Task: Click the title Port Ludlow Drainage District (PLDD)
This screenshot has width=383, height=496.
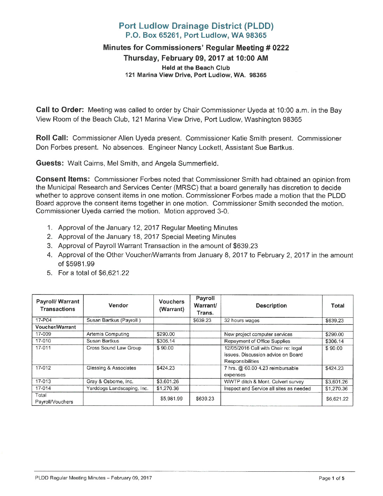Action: coord(196,26)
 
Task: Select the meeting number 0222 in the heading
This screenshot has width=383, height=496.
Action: coord(281,48)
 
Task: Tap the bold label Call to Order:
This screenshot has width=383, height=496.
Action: coord(60,110)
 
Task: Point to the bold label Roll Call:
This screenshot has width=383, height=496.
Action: coord(52,138)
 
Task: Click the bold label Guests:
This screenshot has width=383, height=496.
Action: coord(50,163)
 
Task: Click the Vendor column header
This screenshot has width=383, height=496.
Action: coord(118,305)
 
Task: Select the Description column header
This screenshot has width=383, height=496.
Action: coord(271,306)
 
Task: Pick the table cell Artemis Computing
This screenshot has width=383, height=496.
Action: coord(108,334)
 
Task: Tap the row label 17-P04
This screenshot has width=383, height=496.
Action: coord(43,320)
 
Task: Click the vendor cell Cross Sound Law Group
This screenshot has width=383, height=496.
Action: coord(114,348)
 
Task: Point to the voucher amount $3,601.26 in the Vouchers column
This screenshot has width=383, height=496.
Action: coord(168,382)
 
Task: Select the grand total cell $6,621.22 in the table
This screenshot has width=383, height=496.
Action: coord(337,399)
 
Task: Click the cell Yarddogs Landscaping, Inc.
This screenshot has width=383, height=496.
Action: coord(117,388)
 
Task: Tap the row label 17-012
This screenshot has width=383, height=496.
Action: coord(43,368)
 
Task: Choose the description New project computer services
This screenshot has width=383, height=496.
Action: coord(258,334)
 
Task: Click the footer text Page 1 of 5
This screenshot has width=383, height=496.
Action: coord(331,478)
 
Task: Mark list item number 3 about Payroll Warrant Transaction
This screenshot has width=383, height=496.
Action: coord(158,246)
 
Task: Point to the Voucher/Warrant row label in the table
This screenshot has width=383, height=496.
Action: coord(56,327)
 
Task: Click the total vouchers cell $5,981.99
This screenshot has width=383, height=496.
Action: coord(171,398)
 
